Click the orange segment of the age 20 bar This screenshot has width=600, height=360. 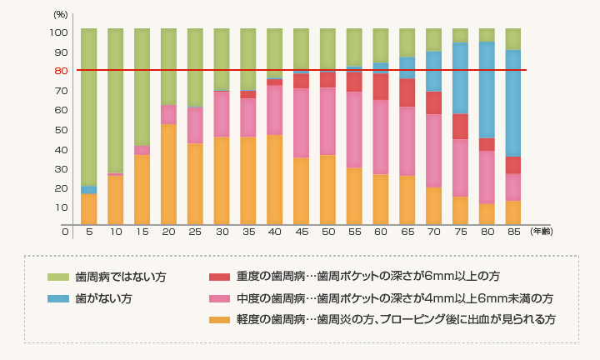(168, 174)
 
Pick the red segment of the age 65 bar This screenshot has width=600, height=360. (407, 92)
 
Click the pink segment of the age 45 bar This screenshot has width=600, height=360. (301, 122)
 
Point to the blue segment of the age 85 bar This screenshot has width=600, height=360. (513, 103)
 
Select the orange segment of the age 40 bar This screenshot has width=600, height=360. (275, 179)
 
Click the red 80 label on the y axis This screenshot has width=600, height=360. (61, 71)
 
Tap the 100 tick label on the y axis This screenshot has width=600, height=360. (58, 32)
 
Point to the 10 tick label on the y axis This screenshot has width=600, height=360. (61, 207)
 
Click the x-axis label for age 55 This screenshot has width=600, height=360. (354, 232)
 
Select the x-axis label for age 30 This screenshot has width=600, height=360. (222, 232)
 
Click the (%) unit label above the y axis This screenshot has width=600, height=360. (61, 15)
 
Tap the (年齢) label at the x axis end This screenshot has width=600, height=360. (542, 232)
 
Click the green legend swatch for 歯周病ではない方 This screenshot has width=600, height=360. (58, 277)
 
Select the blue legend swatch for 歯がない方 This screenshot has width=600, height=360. (58, 298)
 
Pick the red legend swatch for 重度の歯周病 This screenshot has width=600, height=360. (219, 277)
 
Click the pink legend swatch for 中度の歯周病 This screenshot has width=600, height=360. (219, 298)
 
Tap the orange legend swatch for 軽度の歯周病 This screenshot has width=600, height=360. (219, 319)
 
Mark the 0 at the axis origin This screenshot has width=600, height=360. (66, 232)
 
